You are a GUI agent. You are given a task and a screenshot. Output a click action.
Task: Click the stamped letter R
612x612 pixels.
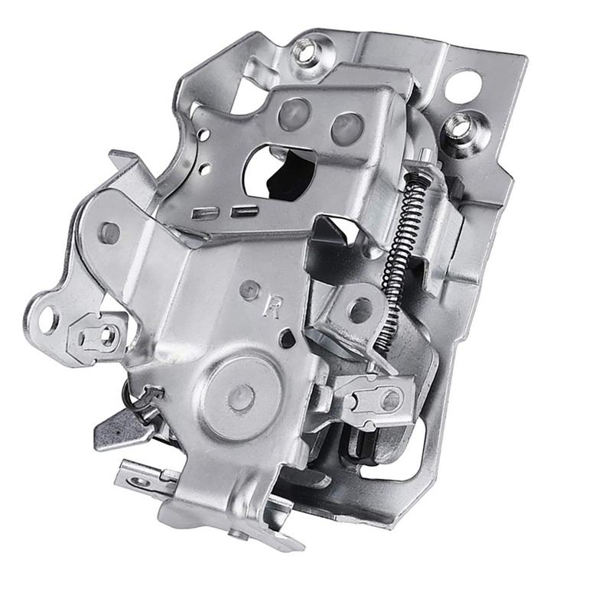point(272,307)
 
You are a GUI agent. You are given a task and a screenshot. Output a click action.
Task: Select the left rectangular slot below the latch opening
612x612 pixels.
point(205,213)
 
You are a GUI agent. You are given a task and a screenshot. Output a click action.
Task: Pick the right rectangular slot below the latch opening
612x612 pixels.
point(244,211)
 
